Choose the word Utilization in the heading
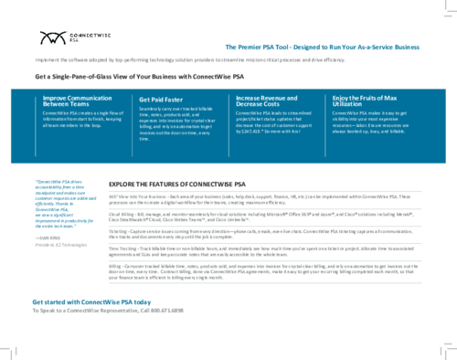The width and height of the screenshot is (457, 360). coord(347,104)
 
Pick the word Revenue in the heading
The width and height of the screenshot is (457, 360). coord(277,98)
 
